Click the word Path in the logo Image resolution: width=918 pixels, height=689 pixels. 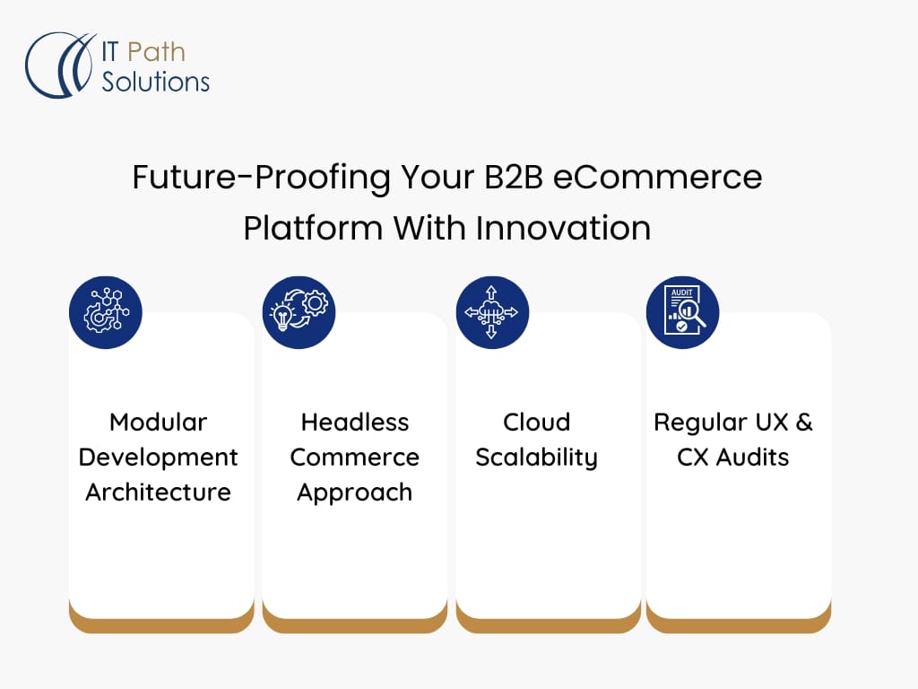point(156,52)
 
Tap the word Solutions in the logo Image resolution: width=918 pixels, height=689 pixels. point(155,81)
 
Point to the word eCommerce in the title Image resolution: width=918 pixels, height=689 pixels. point(657,177)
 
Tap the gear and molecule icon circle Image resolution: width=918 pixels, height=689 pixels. point(106,312)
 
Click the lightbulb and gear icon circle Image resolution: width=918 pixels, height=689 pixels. point(299,312)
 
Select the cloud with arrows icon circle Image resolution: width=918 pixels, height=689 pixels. point(492,312)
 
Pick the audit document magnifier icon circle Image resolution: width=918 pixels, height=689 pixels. point(682,312)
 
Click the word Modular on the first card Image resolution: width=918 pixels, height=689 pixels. point(158,423)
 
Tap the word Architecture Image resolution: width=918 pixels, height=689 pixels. point(158,493)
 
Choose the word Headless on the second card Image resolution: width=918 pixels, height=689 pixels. point(355,423)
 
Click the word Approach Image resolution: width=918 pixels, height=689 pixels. point(355,493)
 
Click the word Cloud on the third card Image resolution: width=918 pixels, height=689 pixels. point(536,423)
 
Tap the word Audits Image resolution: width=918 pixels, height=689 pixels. point(752,458)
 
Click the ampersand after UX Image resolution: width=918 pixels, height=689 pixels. point(804,423)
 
